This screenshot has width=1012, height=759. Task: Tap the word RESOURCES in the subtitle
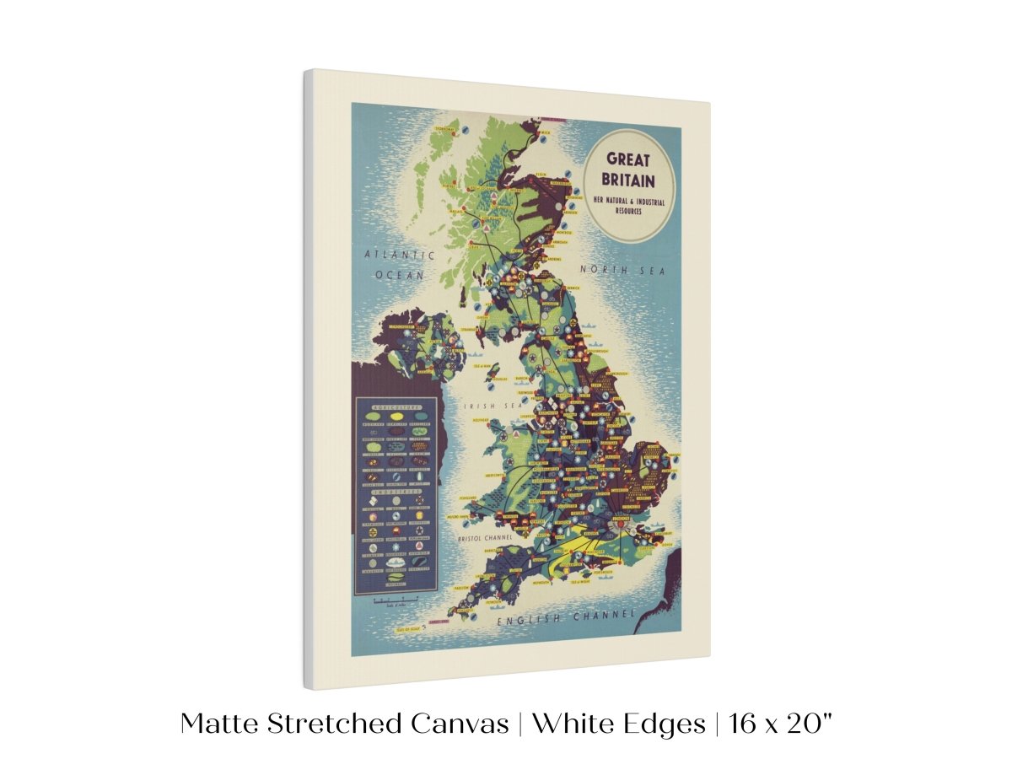628,212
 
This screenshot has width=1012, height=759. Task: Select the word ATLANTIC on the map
400,255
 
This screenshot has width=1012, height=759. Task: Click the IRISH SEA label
484,406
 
